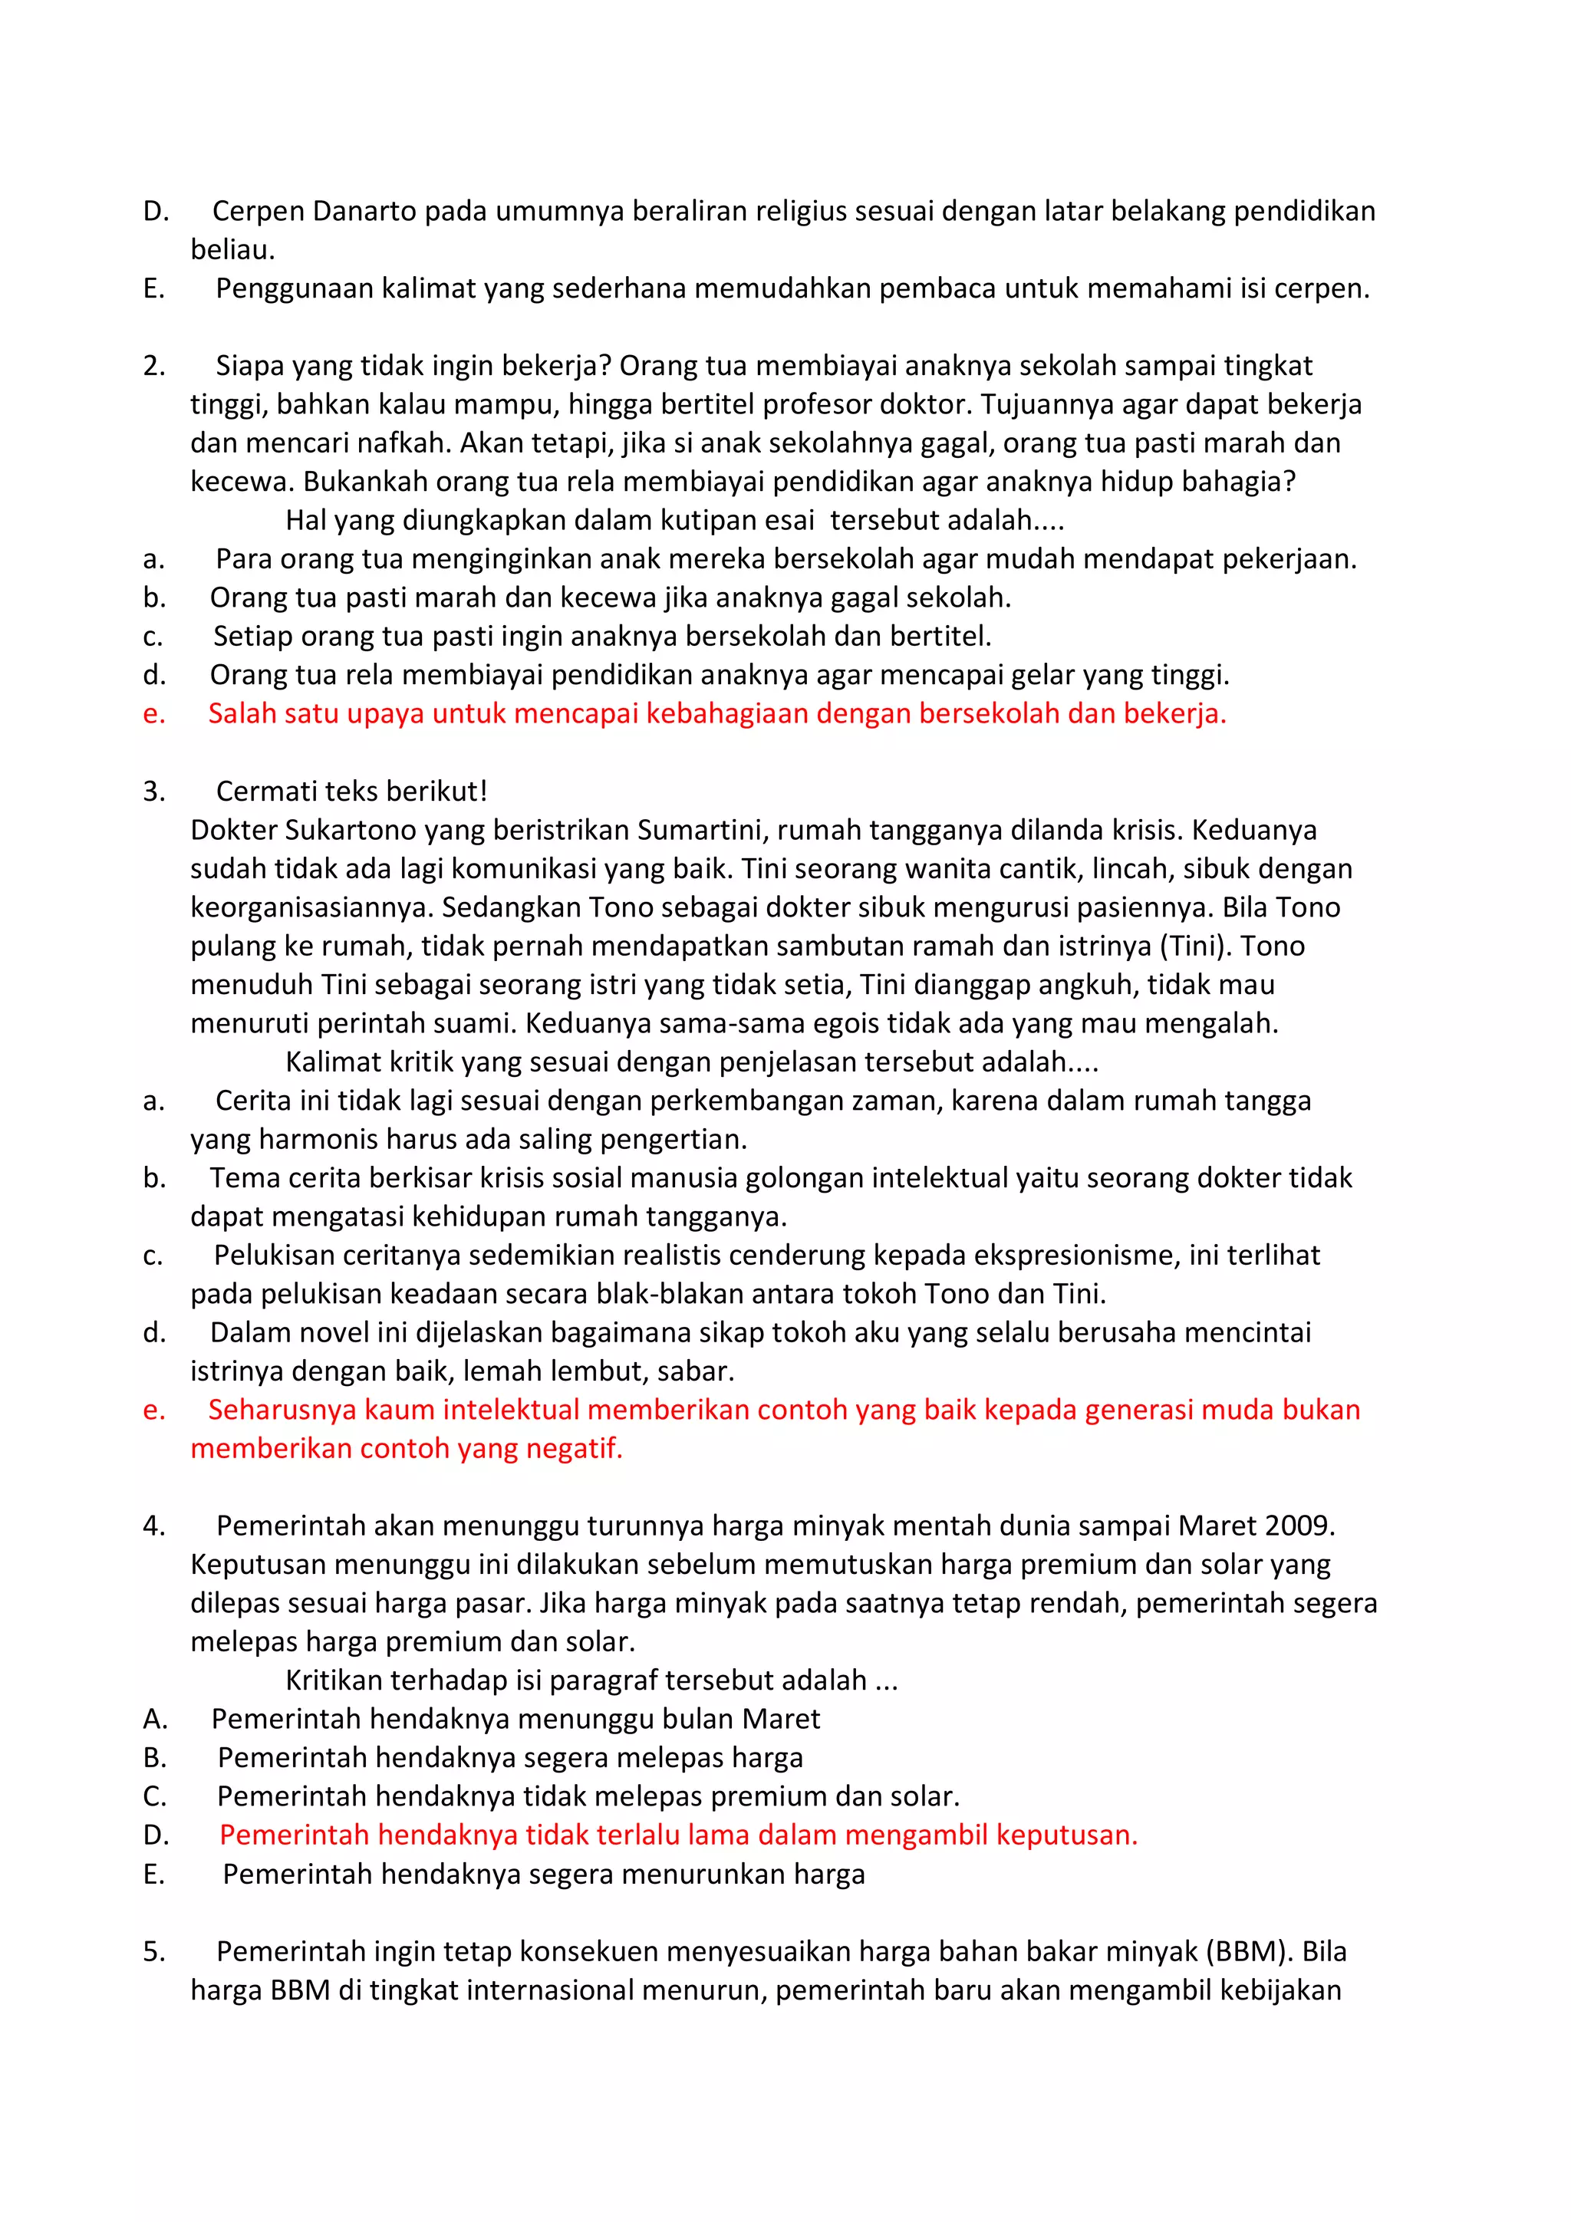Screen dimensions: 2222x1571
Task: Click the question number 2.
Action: (x=153, y=366)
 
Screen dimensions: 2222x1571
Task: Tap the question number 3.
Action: (x=153, y=792)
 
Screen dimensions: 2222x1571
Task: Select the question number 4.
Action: (x=153, y=1526)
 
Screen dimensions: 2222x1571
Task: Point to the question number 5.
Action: (x=153, y=1952)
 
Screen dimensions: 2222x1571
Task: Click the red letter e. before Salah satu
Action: (x=153, y=714)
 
